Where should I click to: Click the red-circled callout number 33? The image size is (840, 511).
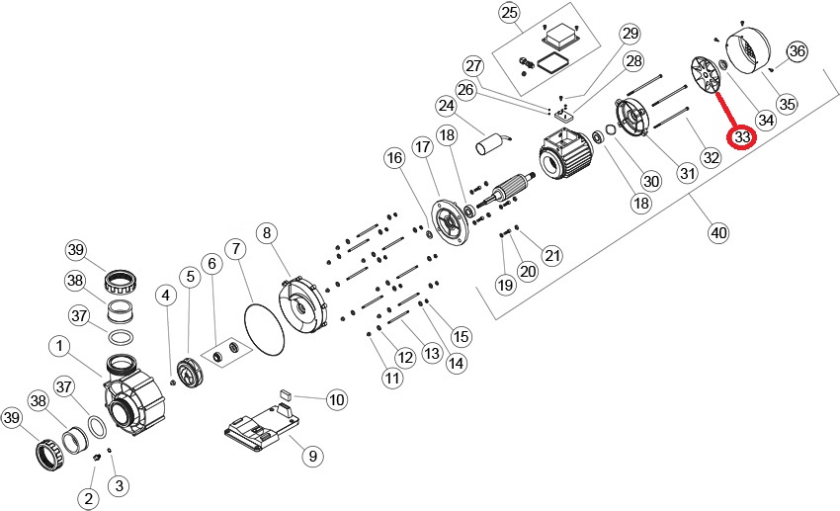[741, 136]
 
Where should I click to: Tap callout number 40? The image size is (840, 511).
[718, 233]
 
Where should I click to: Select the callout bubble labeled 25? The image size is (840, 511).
[509, 13]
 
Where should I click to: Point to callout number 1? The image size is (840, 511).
[60, 346]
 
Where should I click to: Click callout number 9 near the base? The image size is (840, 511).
[310, 456]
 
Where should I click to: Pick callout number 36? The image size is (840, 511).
[797, 51]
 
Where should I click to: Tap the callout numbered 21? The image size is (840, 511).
[551, 256]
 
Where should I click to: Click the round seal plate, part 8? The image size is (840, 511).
[302, 306]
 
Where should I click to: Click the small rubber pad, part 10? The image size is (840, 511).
[285, 392]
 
